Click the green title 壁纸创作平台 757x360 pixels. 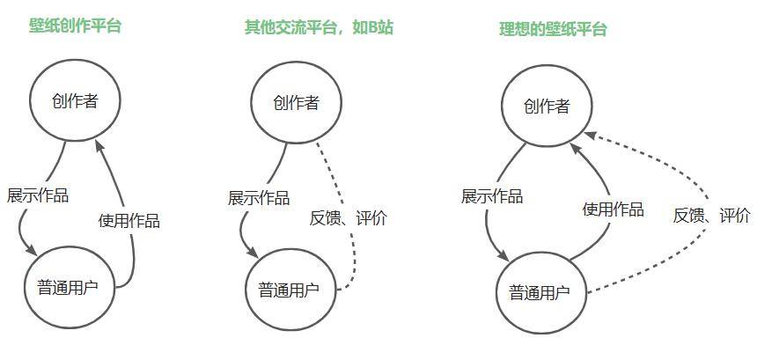(75, 26)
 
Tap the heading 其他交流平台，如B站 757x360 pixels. (318, 27)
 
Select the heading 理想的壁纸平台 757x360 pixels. (553, 29)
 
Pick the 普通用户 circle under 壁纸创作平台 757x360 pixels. (70, 286)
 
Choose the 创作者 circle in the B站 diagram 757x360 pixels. (295, 103)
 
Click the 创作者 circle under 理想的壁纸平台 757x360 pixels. (547, 107)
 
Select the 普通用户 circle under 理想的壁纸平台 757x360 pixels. (540, 293)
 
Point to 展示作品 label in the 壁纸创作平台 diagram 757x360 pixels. (37, 195)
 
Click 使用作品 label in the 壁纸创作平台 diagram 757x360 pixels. (129, 220)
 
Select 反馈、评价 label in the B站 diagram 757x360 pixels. (348, 218)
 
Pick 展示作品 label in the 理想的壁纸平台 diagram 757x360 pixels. (492, 195)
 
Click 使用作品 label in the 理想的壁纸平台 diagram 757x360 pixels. (614, 209)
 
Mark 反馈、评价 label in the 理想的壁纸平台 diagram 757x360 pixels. (712, 215)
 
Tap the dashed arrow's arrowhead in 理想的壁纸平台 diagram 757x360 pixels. (590, 136)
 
